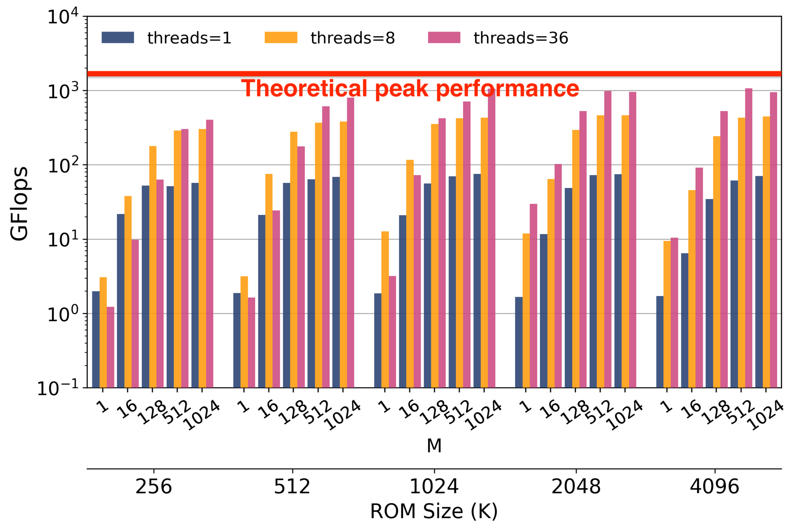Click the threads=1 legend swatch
click(x=118, y=37)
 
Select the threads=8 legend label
click(x=353, y=38)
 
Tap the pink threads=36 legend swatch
click(x=444, y=37)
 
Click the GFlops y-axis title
click(x=20, y=203)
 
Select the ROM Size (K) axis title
click(x=434, y=511)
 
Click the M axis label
click(x=434, y=446)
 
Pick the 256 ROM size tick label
click(x=153, y=487)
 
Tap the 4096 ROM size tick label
click(x=714, y=487)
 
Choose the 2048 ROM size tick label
click(x=576, y=487)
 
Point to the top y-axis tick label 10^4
click(x=63, y=17)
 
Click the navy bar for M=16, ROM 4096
click(x=685, y=321)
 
